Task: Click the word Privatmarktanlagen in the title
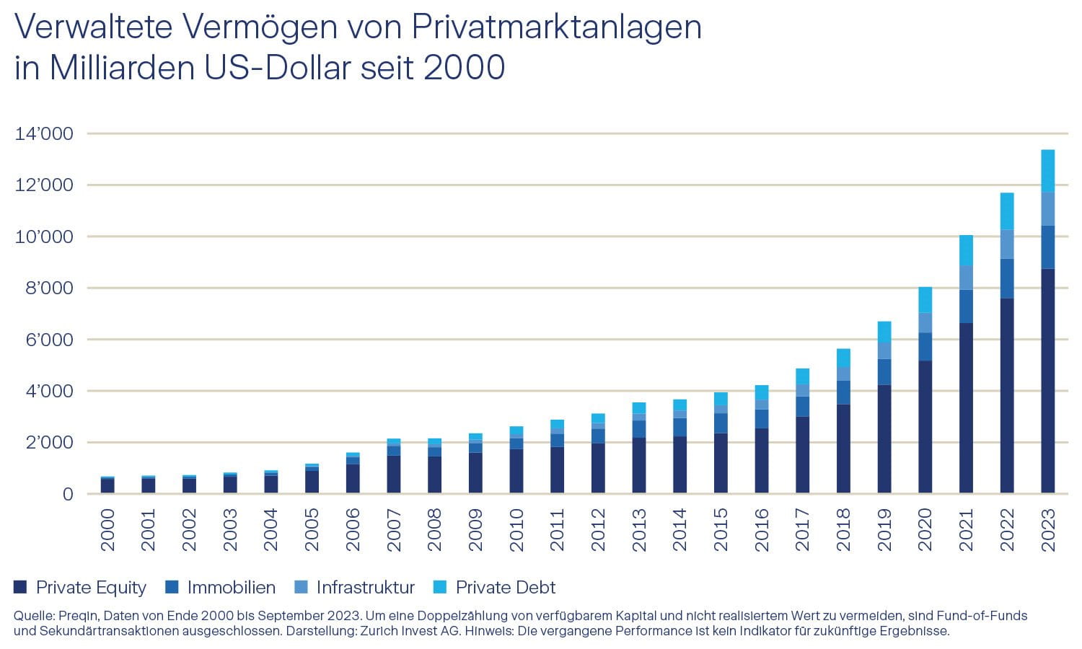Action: click(x=556, y=27)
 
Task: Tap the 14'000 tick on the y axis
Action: click(x=44, y=133)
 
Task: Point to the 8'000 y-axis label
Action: click(x=44, y=288)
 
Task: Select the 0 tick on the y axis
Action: click(x=68, y=494)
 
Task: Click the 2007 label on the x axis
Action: click(x=394, y=530)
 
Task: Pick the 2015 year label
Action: click(x=721, y=530)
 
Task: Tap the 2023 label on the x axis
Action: click(x=1048, y=530)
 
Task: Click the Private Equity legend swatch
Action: click(x=20, y=587)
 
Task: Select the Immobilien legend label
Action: click(x=231, y=588)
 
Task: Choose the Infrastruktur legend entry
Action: click(x=365, y=588)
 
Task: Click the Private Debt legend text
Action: click(x=505, y=588)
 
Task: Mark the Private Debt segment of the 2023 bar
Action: click(x=1048, y=171)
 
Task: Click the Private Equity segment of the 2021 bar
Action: click(x=966, y=407)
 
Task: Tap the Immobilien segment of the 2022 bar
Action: click(x=1007, y=278)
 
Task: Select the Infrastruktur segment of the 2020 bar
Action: click(x=925, y=322)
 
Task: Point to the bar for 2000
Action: click(x=107, y=485)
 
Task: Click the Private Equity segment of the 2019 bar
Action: click(x=884, y=439)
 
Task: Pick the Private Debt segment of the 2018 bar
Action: click(x=843, y=358)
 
